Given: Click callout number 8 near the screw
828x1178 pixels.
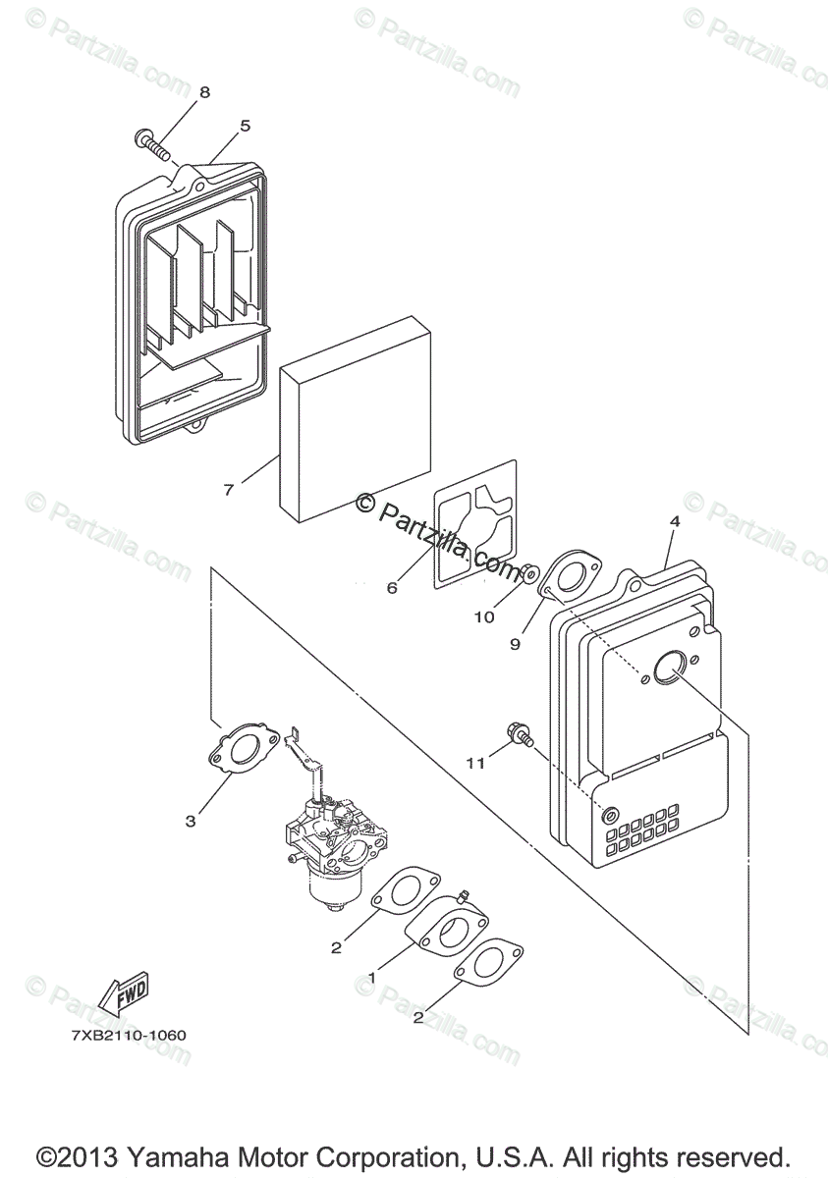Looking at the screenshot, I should pyautogui.click(x=204, y=92).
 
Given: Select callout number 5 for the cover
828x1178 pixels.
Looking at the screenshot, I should pyautogui.click(x=245, y=126).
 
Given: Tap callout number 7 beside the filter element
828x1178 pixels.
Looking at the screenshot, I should pyautogui.click(x=229, y=489).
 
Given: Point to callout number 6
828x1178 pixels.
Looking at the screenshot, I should pyautogui.click(x=392, y=588).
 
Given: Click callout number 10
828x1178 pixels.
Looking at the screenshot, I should pyautogui.click(x=484, y=617).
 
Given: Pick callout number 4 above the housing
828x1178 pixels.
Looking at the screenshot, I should pyautogui.click(x=675, y=522).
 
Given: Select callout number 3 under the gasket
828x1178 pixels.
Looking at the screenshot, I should pyautogui.click(x=191, y=821).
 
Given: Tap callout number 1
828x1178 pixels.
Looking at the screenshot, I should pyautogui.click(x=371, y=978).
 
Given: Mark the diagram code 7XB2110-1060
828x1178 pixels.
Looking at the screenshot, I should pyautogui.click(x=129, y=1035).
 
